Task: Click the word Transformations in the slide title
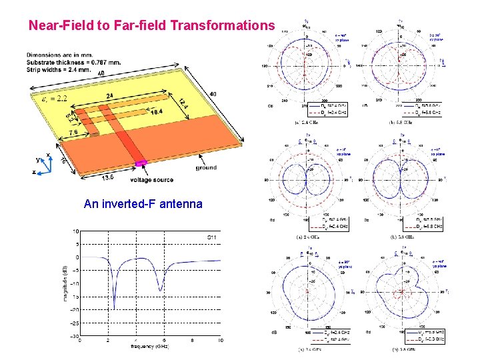222,26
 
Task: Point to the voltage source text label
151,179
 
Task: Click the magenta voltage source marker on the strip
141,163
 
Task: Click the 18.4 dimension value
155,114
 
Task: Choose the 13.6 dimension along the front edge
89,177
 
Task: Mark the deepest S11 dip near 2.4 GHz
114,309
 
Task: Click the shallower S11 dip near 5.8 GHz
161,291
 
